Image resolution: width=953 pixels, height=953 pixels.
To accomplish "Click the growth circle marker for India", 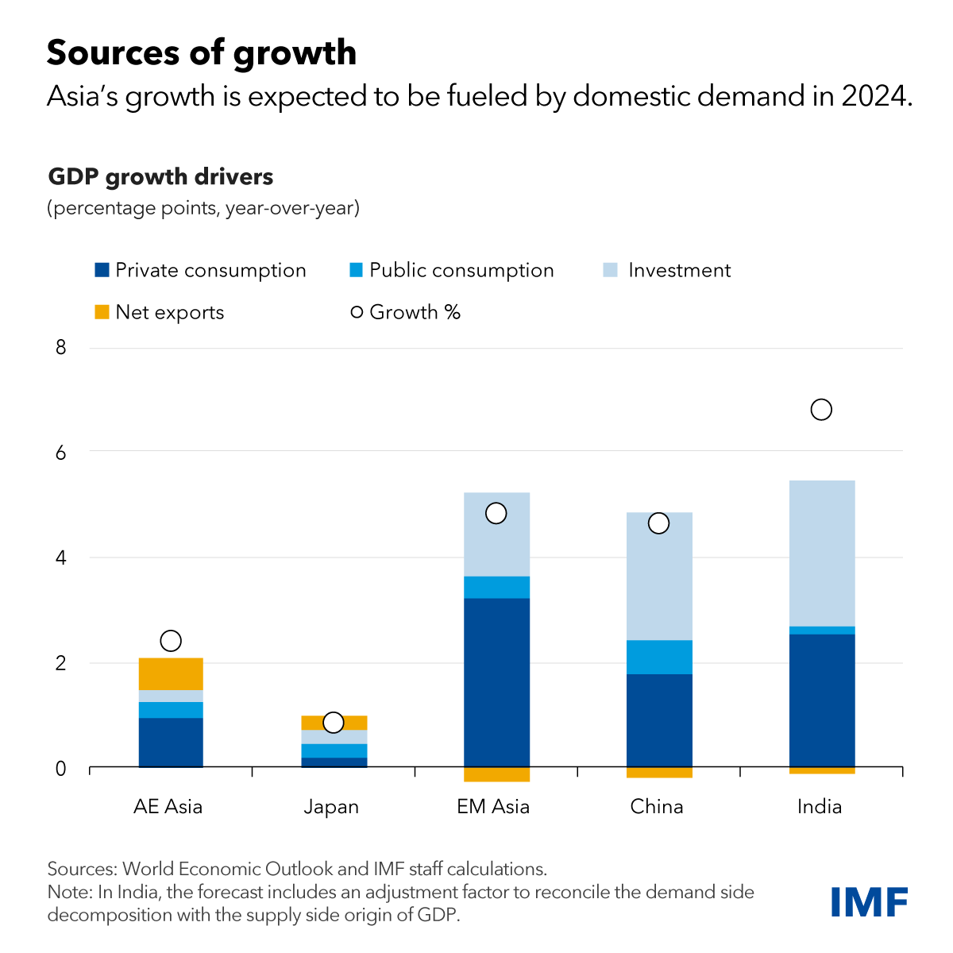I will (x=821, y=410).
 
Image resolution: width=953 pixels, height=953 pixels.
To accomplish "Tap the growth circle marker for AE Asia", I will (x=171, y=641).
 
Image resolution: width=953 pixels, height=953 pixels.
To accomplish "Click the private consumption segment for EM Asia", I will (x=496, y=683).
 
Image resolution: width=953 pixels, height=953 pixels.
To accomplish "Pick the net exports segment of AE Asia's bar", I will (x=171, y=674).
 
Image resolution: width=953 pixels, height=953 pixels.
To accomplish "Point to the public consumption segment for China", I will (x=659, y=658).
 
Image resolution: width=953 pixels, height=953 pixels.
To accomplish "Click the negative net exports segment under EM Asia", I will (x=496, y=775).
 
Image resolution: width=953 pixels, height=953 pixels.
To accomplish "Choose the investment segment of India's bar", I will (x=822, y=554).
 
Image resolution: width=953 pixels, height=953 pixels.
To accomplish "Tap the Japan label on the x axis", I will (x=331, y=807).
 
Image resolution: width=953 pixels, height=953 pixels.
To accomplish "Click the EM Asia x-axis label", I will (x=493, y=807).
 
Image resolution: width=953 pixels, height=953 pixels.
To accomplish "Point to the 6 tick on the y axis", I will (x=60, y=453).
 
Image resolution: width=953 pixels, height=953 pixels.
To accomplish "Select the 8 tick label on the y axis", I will (x=60, y=348).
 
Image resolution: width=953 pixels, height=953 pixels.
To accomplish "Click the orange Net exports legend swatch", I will (x=102, y=312).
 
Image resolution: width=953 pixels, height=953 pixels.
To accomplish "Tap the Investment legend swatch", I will (x=610, y=270).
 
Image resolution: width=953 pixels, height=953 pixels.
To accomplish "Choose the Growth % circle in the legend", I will (x=357, y=312).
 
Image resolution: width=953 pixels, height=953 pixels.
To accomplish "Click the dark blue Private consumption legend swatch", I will (x=102, y=270).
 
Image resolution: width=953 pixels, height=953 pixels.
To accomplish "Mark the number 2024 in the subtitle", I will (x=870, y=96).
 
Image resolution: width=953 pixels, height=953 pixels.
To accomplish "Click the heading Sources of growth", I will (x=202, y=52).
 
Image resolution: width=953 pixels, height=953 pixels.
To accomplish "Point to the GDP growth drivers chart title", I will (x=160, y=176).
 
